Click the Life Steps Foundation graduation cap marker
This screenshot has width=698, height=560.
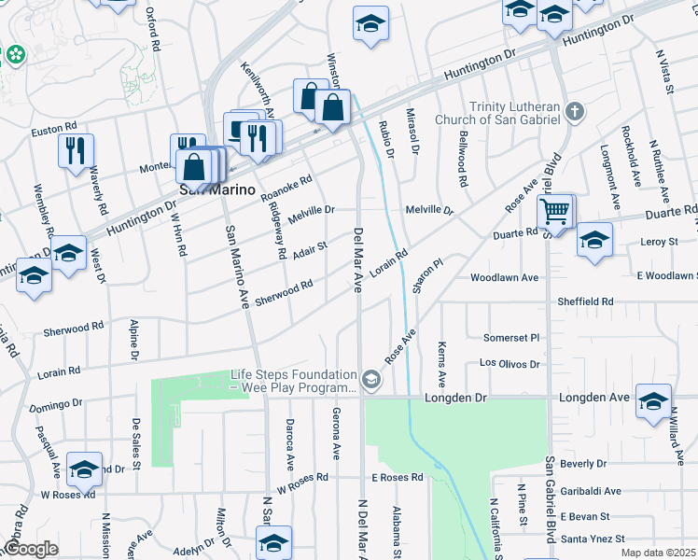[x=371, y=379]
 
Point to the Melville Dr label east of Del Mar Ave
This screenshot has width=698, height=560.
[x=429, y=211]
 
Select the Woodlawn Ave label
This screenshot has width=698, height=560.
[x=505, y=278]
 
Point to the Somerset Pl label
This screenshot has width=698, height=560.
[x=511, y=337]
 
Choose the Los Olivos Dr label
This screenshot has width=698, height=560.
[x=510, y=363]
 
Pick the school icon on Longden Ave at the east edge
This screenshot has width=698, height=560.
[x=653, y=399]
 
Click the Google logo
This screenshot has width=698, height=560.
[x=31, y=548]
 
